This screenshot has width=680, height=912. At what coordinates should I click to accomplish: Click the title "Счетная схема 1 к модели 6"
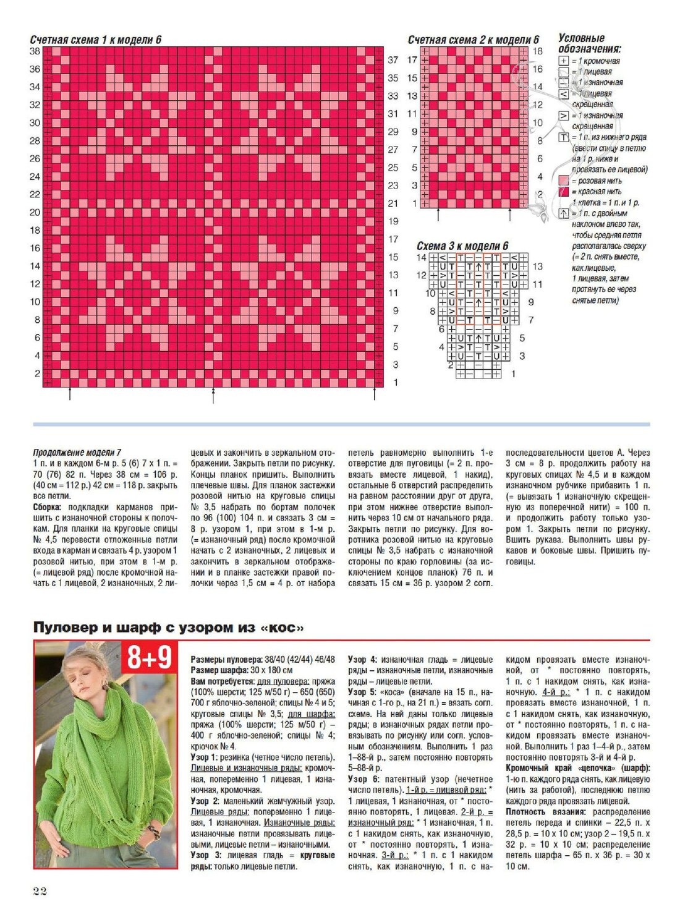[96, 40]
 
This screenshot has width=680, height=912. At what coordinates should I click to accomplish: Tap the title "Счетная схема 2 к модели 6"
[473, 40]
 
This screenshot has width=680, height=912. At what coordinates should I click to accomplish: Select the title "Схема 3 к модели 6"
[462, 246]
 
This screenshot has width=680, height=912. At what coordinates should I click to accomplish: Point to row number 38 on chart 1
[35, 51]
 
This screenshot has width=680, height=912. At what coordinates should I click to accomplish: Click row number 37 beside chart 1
[393, 60]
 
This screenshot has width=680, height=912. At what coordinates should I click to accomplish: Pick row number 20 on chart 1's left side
[35, 212]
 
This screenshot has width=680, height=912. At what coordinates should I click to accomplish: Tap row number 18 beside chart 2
[537, 51]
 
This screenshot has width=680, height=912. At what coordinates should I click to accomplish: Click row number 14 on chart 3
[421, 257]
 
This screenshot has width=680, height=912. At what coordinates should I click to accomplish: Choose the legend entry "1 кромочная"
[598, 61]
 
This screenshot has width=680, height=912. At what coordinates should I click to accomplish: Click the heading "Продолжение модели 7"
[77, 453]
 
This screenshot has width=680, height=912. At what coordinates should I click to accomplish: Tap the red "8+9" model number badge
[149, 657]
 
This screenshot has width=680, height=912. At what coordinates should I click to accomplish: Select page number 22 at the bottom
[40, 890]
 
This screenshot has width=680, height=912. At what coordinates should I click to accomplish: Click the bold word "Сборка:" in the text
[49, 507]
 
